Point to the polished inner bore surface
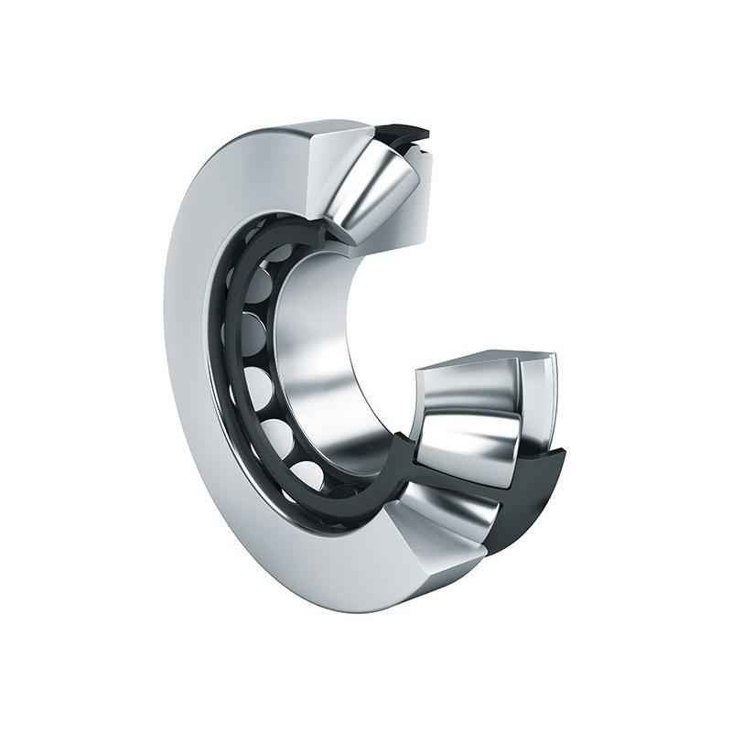[x=316, y=366]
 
